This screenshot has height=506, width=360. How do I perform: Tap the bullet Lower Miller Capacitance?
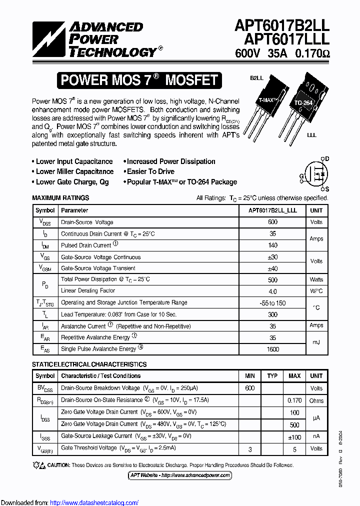[x=74, y=171]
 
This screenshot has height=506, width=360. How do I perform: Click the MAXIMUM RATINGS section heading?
[x=60, y=198]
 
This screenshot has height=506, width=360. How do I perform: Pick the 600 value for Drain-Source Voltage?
[x=272, y=222]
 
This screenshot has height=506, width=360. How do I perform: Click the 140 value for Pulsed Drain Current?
[x=272, y=245]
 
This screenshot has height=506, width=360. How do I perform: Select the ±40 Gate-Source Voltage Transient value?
[x=272, y=268]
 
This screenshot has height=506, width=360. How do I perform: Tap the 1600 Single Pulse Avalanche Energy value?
[x=272, y=349]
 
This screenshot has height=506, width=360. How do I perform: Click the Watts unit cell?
[x=316, y=279]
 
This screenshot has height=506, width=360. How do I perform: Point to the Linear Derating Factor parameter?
[x=88, y=290]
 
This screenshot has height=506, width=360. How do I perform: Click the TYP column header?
[x=272, y=375]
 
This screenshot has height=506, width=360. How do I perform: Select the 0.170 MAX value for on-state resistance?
[x=294, y=400]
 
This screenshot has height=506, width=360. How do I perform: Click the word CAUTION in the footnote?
[x=58, y=465]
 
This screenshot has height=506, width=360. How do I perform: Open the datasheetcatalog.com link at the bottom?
[x=94, y=502]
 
